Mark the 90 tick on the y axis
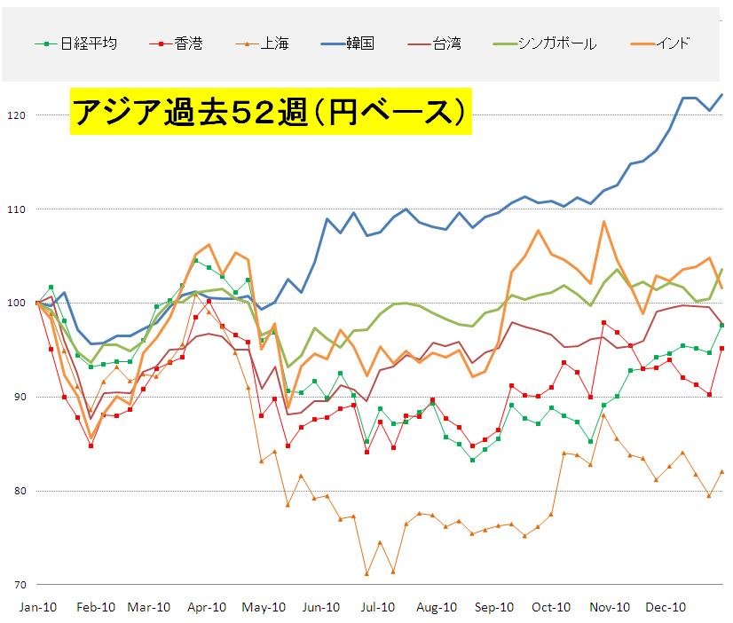tap(18, 397)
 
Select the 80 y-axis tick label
tap(18, 491)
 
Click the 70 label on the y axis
tap(18, 585)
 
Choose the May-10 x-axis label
tap(265, 608)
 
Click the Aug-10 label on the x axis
tap(437, 608)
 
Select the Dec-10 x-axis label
tap(666, 608)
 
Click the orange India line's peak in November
tap(603, 222)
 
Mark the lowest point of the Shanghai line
tap(366, 573)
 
